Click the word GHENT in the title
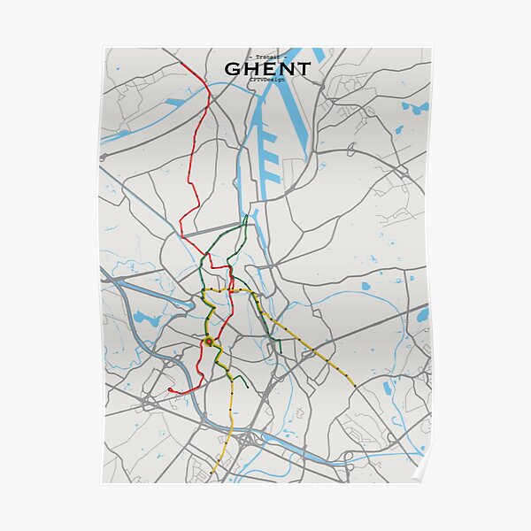pyautogui.click(x=266, y=69)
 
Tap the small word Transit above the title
pyautogui.click(x=266, y=57)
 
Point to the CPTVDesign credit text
pyautogui.click(x=266, y=81)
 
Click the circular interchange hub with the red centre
pyautogui.click(x=209, y=341)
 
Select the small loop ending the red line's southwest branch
pyautogui.click(x=170, y=389)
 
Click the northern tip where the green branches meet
pyautogui.click(x=247, y=216)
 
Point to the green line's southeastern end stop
pyautogui.click(x=280, y=352)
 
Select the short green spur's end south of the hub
pyautogui.click(x=245, y=389)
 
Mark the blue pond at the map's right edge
pyautogui.click(x=422, y=315)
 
